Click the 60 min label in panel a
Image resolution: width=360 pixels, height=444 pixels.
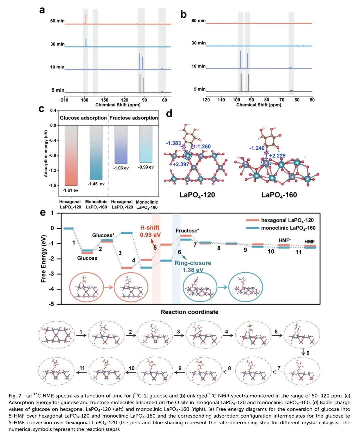[x=57, y=21]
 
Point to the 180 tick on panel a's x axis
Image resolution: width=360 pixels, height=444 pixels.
[x=84, y=100]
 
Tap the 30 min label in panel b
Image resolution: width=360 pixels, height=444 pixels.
[x=198, y=43]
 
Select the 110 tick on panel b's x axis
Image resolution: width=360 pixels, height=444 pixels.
[x=221, y=100]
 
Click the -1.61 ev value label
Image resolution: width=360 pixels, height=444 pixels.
[x=70, y=190]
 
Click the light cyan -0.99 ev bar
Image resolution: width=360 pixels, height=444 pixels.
[x=146, y=144]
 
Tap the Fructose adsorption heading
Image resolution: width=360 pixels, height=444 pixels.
[x=134, y=118]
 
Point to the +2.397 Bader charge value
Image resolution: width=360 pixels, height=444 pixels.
[x=181, y=164]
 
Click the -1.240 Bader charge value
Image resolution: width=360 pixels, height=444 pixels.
[x=257, y=148]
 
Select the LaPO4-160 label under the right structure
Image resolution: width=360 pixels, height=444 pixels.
[x=279, y=195]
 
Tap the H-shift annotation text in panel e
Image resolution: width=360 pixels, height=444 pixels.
[x=150, y=228]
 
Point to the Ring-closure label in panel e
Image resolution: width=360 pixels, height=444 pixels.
[x=193, y=263]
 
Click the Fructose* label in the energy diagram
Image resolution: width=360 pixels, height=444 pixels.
[x=187, y=231]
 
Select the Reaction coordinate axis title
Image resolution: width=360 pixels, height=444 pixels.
[x=189, y=312]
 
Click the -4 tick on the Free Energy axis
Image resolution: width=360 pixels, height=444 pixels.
[x=52, y=289]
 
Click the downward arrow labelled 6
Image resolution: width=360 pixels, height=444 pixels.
[x=303, y=353]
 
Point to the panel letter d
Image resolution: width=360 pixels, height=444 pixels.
[x=169, y=114]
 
